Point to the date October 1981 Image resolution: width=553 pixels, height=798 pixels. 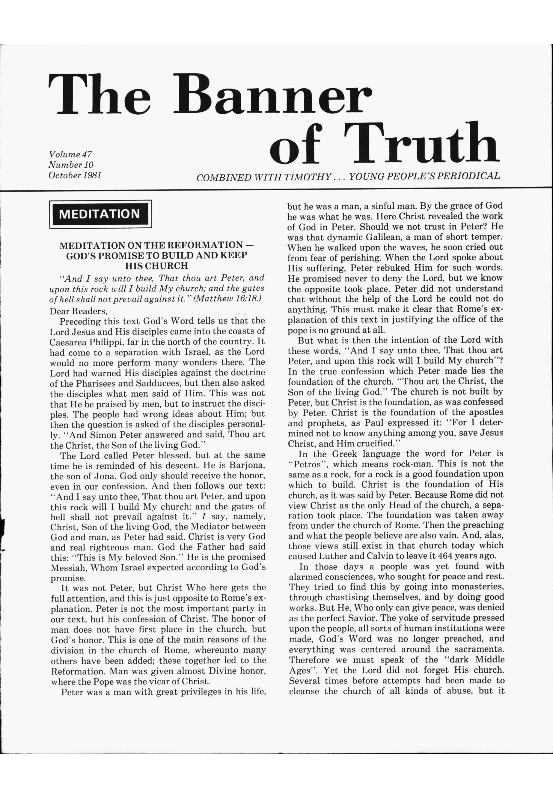click(75, 175)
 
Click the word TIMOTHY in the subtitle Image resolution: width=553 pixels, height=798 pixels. click(307, 177)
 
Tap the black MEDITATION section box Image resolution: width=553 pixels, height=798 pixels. click(100, 214)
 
